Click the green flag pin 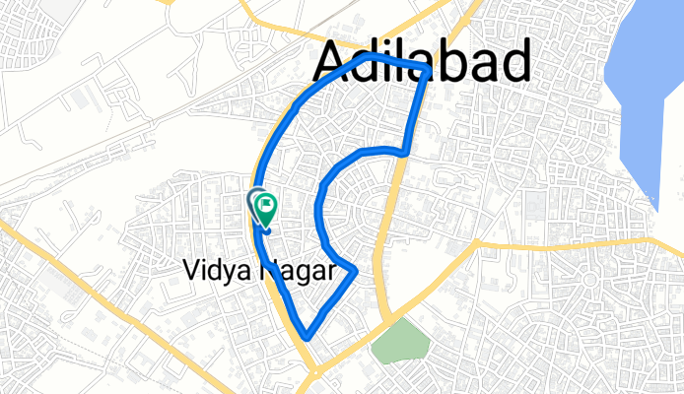pyautogui.click(x=266, y=206)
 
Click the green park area pyautogui.click(x=401, y=342)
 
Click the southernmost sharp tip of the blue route pyautogui.click(x=308, y=336)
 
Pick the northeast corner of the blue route pyautogui.click(x=426, y=70)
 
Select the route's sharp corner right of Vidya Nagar pyautogui.click(x=354, y=269)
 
